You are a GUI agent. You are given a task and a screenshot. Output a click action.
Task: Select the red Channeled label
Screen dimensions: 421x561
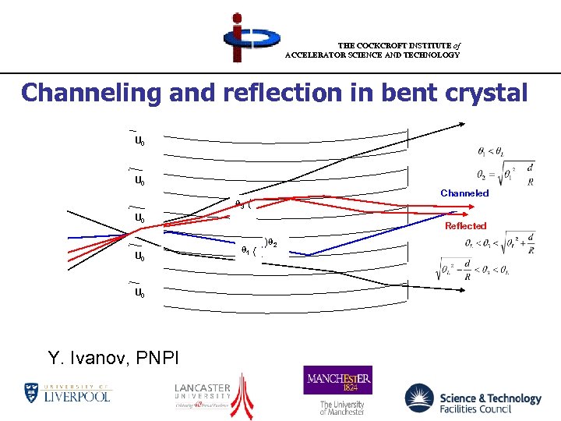(x=464, y=193)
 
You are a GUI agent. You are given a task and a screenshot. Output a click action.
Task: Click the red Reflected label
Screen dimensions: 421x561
(x=465, y=226)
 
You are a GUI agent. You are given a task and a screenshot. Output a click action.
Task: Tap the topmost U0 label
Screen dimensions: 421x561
(x=139, y=141)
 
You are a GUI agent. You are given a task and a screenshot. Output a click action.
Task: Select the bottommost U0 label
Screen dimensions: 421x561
(x=139, y=293)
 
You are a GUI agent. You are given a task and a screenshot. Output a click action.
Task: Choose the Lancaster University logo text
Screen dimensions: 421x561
(x=203, y=393)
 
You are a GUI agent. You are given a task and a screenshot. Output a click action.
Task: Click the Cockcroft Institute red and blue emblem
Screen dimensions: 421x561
(x=241, y=37)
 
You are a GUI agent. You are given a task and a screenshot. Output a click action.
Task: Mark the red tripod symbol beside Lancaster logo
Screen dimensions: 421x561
(x=245, y=394)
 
